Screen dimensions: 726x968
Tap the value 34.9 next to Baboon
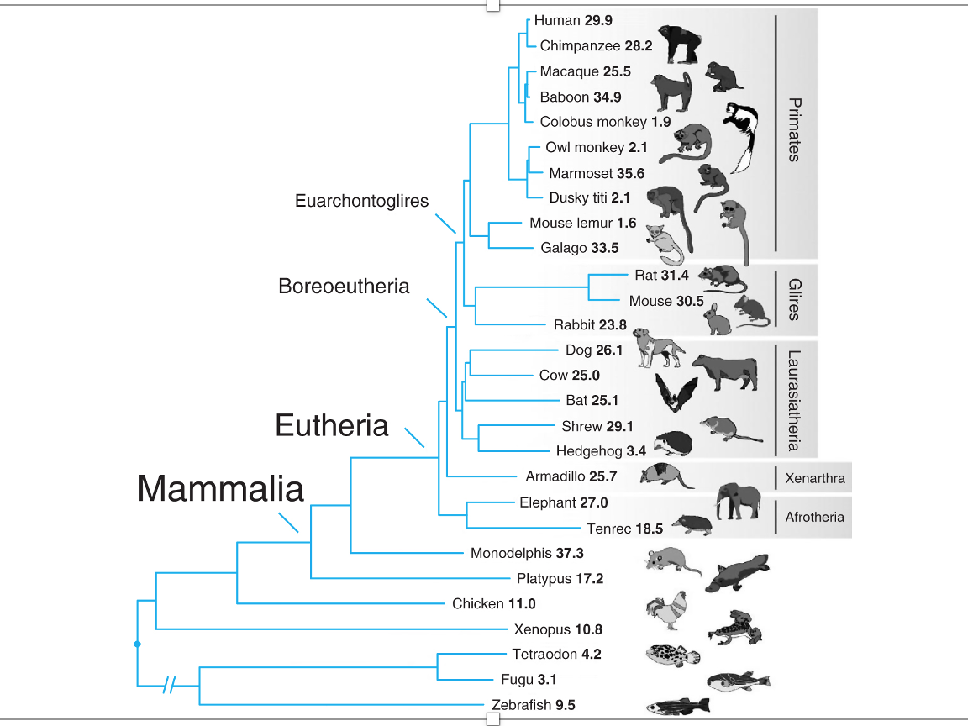coord(608,97)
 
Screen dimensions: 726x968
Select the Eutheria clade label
coord(332,426)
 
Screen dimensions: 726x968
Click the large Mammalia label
coord(220,488)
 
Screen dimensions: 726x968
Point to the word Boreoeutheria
coord(344,287)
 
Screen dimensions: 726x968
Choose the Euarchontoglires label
coord(361,201)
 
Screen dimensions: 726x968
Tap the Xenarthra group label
coord(814,478)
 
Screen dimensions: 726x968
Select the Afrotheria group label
coord(814,517)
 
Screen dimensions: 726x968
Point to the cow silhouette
coord(723,371)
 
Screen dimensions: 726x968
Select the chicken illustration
coord(668,611)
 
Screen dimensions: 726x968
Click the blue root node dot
coord(137,644)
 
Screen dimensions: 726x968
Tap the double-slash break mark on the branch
coord(170,686)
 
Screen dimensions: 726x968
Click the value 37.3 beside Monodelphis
coord(570,554)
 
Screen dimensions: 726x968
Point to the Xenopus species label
coord(542,629)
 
